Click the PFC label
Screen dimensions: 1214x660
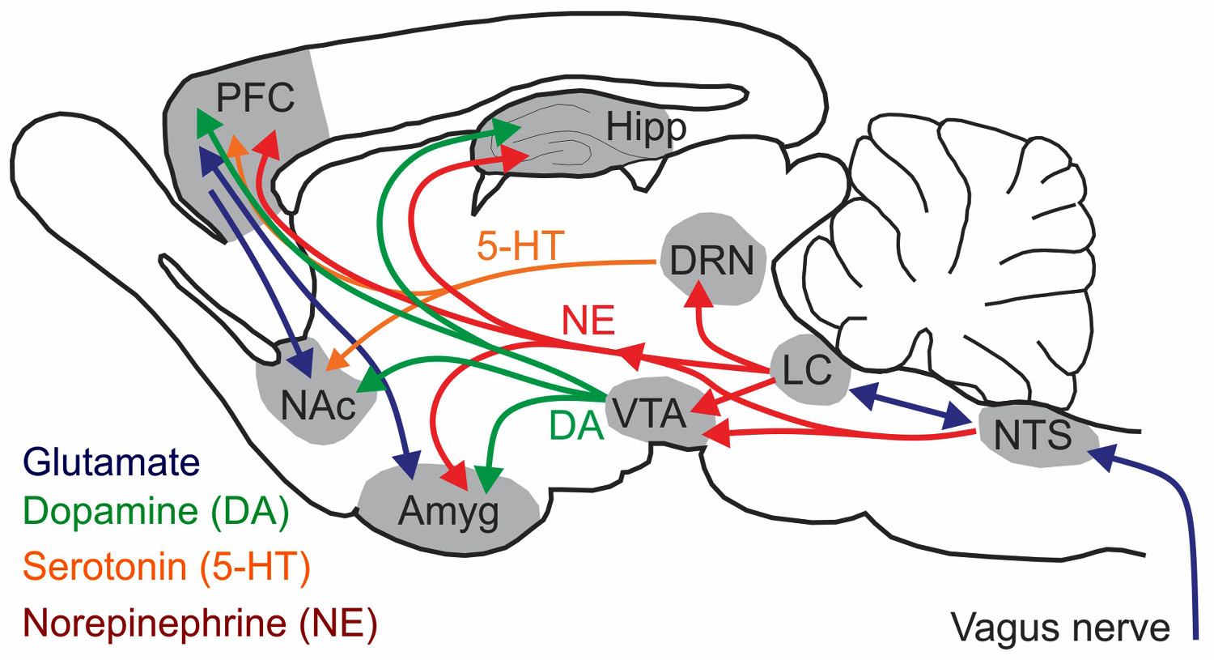click(255, 98)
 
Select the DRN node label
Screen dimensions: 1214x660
click(711, 261)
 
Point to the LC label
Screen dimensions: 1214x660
click(807, 369)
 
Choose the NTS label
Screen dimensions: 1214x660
click(1033, 434)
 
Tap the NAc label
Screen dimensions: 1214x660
click(318, 405)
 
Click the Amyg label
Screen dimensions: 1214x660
click(448, 512)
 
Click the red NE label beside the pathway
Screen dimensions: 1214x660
click(588, 320)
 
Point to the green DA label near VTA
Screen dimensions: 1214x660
click(576, 426)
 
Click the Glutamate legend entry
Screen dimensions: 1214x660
click(112, 462)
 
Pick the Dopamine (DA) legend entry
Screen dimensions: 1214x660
click(156, 511)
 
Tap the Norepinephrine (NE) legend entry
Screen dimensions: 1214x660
click(200, 624)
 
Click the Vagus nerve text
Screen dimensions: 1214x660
click(1060, 628)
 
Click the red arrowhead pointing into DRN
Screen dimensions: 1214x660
click(700, 296)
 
